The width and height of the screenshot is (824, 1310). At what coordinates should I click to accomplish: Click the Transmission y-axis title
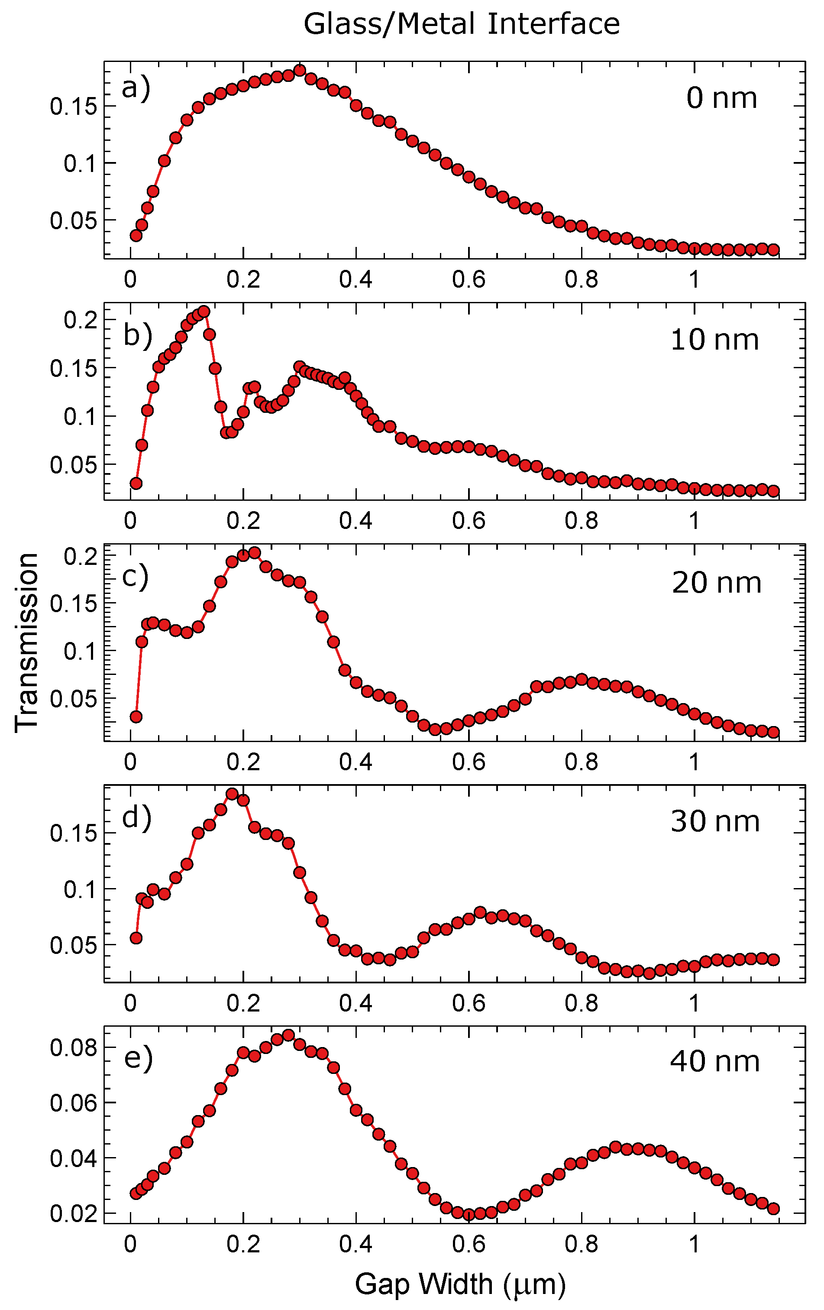(26, 642)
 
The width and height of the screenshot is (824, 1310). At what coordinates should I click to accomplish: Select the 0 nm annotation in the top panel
(721, 98)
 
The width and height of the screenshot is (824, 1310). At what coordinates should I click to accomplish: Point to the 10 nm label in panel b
(714, 340)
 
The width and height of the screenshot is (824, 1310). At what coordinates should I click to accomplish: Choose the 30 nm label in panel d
(715, 821)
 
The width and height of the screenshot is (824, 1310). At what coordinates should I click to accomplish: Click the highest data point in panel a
(300, 70)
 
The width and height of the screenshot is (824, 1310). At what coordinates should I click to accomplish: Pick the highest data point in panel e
(288, 1035)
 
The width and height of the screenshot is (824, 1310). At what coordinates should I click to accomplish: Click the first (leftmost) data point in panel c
(136, 717)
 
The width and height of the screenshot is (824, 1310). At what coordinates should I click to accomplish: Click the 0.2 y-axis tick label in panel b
(80, 320)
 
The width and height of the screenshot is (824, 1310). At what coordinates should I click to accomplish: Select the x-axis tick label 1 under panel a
(694, 279)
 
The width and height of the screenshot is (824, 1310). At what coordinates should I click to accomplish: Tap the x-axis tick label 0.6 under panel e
(469, 1244)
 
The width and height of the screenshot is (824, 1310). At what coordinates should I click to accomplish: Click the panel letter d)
(136, 817)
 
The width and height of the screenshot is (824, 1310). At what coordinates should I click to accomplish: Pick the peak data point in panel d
(232, 794)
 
